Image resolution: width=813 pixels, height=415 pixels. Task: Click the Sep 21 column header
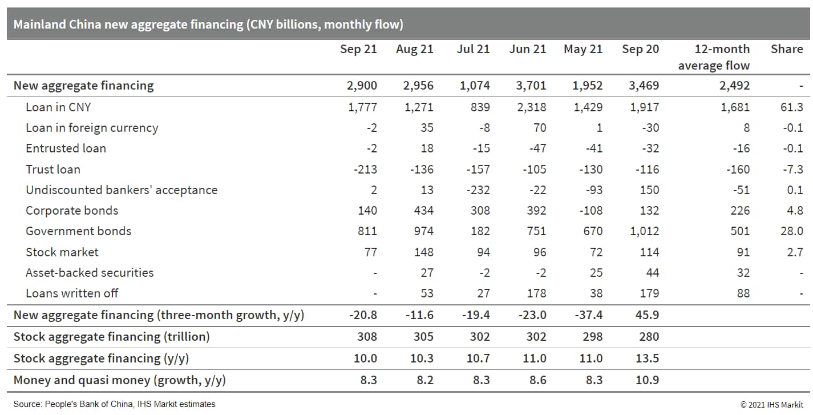pos(358,49)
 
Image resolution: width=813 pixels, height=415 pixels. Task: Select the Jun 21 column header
pos(528,49)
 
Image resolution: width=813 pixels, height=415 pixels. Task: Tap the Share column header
pos(787,49)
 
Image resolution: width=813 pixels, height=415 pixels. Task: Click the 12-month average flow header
pos(714,57)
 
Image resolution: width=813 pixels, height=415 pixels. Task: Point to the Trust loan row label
pos(53,169)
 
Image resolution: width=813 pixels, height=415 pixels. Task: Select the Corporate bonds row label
pos(72,211)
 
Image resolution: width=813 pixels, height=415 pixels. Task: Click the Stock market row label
pos(62,252)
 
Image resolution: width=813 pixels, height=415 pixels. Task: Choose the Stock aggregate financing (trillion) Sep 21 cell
pos(367,337)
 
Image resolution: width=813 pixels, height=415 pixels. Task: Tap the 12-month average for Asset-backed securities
pos(743,273)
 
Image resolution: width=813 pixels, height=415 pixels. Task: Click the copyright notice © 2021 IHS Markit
pos(772,405)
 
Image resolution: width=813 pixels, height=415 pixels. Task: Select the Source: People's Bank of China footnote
pos(115,404)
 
